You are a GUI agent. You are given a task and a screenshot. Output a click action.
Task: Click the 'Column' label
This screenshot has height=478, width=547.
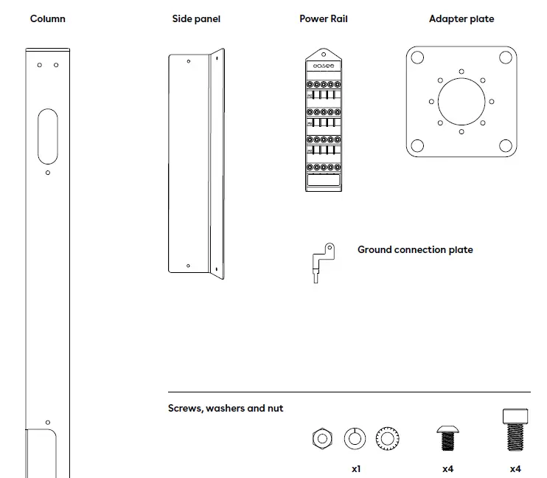click(47, 18)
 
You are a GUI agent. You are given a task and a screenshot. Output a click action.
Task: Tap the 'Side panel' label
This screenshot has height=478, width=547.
click(196, 18)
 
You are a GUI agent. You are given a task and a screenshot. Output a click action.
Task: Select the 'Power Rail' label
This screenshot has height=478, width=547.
click(324, 18)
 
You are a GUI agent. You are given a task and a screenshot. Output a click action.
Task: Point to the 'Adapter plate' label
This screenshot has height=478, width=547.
click(461, 18)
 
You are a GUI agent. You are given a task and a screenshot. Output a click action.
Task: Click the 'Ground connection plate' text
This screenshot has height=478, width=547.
click(415, 250)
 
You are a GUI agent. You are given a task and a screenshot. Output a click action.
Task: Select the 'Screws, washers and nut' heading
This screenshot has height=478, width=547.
click(226, 408)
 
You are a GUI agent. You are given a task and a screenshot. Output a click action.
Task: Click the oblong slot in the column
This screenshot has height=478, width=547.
click(48, 136)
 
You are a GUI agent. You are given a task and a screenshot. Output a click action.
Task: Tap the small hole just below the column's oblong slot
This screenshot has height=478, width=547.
click(48, 173)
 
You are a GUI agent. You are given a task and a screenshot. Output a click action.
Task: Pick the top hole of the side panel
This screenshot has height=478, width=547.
click(188, 61)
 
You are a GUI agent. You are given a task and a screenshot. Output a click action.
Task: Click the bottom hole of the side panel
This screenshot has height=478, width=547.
click(188, 266)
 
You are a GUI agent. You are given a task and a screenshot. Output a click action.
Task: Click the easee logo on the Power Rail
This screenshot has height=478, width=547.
click(324, 66)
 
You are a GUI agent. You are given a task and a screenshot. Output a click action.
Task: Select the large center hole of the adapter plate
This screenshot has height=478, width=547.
click(461, 102)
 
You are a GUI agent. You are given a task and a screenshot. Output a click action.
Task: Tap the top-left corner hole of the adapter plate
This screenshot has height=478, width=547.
click(417, 58)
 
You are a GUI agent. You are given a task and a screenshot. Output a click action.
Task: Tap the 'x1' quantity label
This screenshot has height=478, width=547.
click(356, 468)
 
